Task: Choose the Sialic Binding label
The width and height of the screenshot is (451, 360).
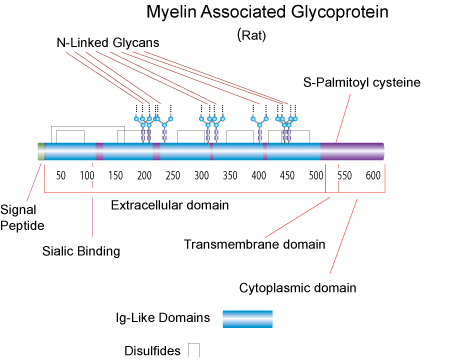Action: point(83,251)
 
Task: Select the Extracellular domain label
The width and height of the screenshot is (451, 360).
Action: point(169,206)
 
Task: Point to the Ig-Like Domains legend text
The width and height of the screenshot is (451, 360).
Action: point(161,319)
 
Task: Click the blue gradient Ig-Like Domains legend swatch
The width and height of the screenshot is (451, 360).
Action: point(246,319)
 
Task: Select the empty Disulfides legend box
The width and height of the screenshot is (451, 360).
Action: point(194,349)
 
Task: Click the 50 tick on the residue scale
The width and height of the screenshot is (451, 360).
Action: point(61,176)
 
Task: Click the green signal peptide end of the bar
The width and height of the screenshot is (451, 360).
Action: point(40,151)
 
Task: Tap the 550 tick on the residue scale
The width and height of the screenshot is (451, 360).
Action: point(345,176)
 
